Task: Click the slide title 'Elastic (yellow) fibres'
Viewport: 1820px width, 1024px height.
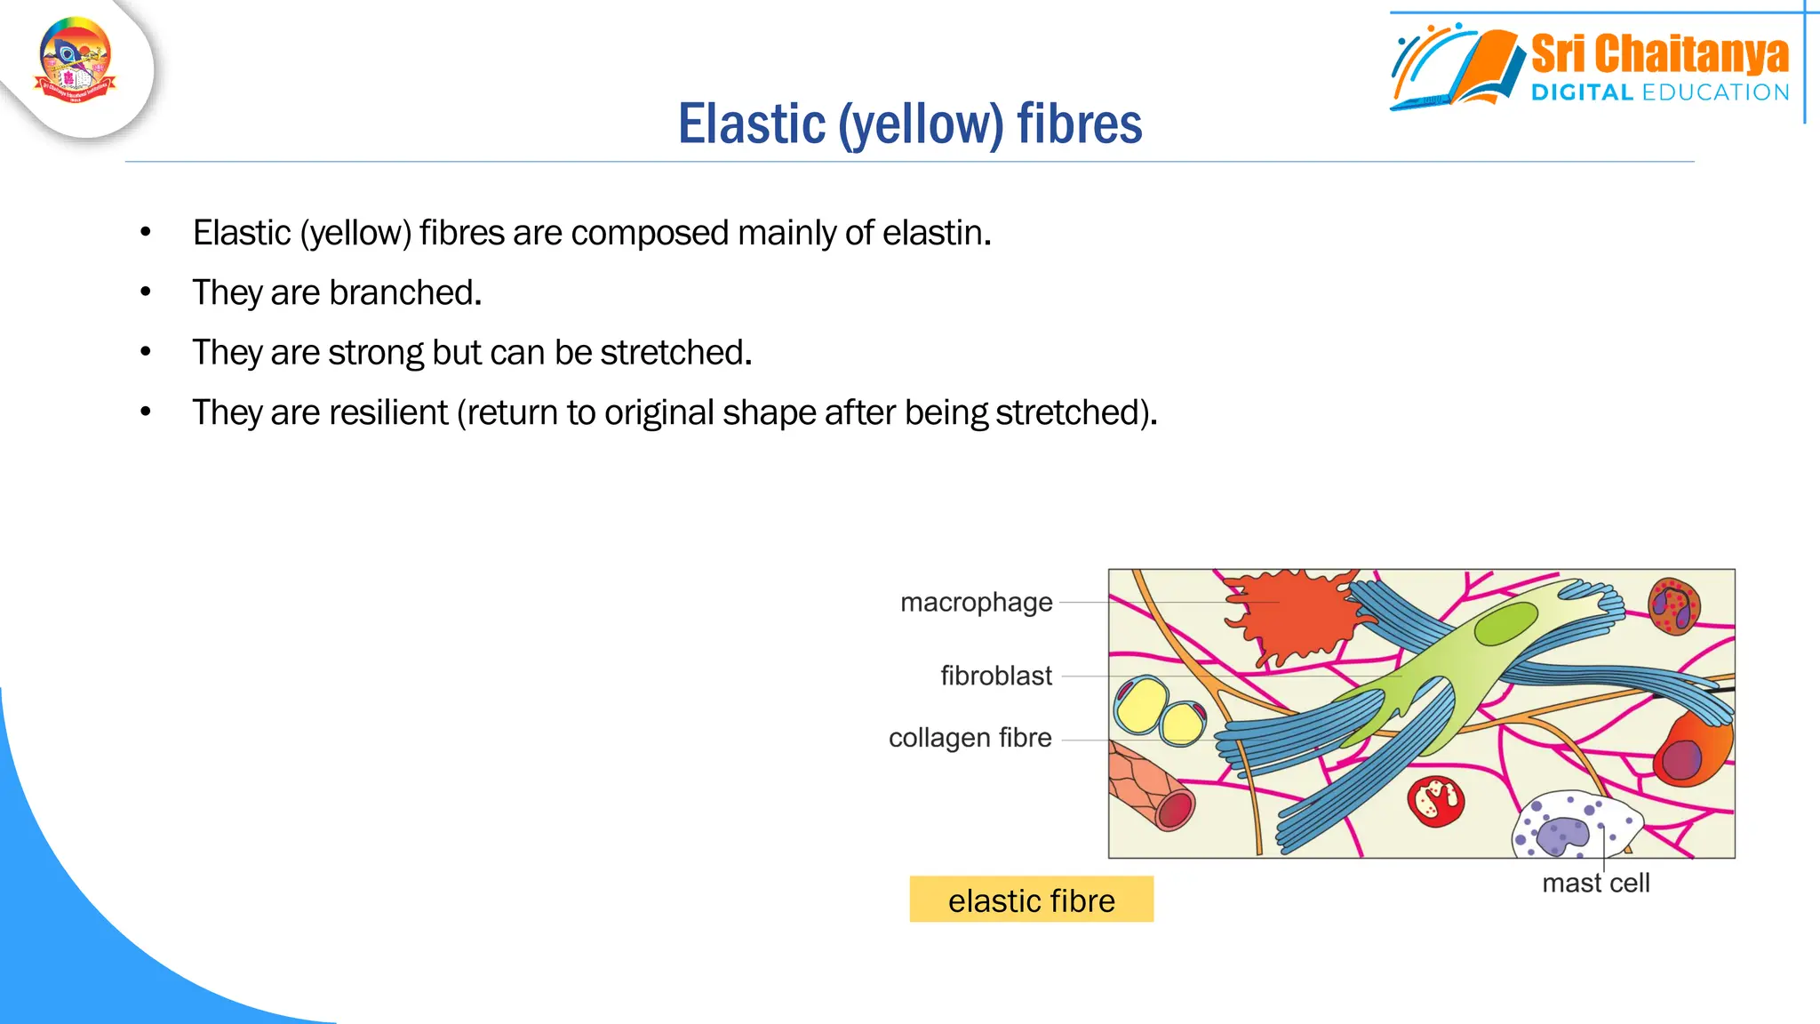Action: [x=909, y=124]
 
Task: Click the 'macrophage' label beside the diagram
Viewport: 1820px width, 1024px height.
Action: [x=976, y=603]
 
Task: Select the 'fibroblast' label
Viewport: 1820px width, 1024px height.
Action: [x=995, y=676]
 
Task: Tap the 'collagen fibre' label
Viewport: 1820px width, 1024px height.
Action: [x=970, y=738]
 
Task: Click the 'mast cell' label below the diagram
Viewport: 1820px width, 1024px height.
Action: [x=1595, y=883]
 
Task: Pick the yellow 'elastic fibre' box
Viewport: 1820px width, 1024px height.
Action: [x=1031, y=900]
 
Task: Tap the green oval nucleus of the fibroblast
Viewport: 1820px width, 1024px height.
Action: [x=1505, y=623]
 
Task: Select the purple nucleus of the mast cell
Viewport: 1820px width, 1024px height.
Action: [x=1562, y=835]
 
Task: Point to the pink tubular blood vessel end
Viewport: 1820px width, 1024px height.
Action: [x=1175, y=809]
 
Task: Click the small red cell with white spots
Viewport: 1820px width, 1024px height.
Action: [x=1435, y=800]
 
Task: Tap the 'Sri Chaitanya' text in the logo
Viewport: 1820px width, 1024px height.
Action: [x=1659, y=55]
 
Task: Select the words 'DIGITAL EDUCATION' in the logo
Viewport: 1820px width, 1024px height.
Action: [x=1659, y=92]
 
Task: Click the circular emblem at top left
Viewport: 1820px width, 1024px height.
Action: [x=76, y=60]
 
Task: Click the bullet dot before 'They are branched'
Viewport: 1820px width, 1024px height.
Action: [x=146, y=292]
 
